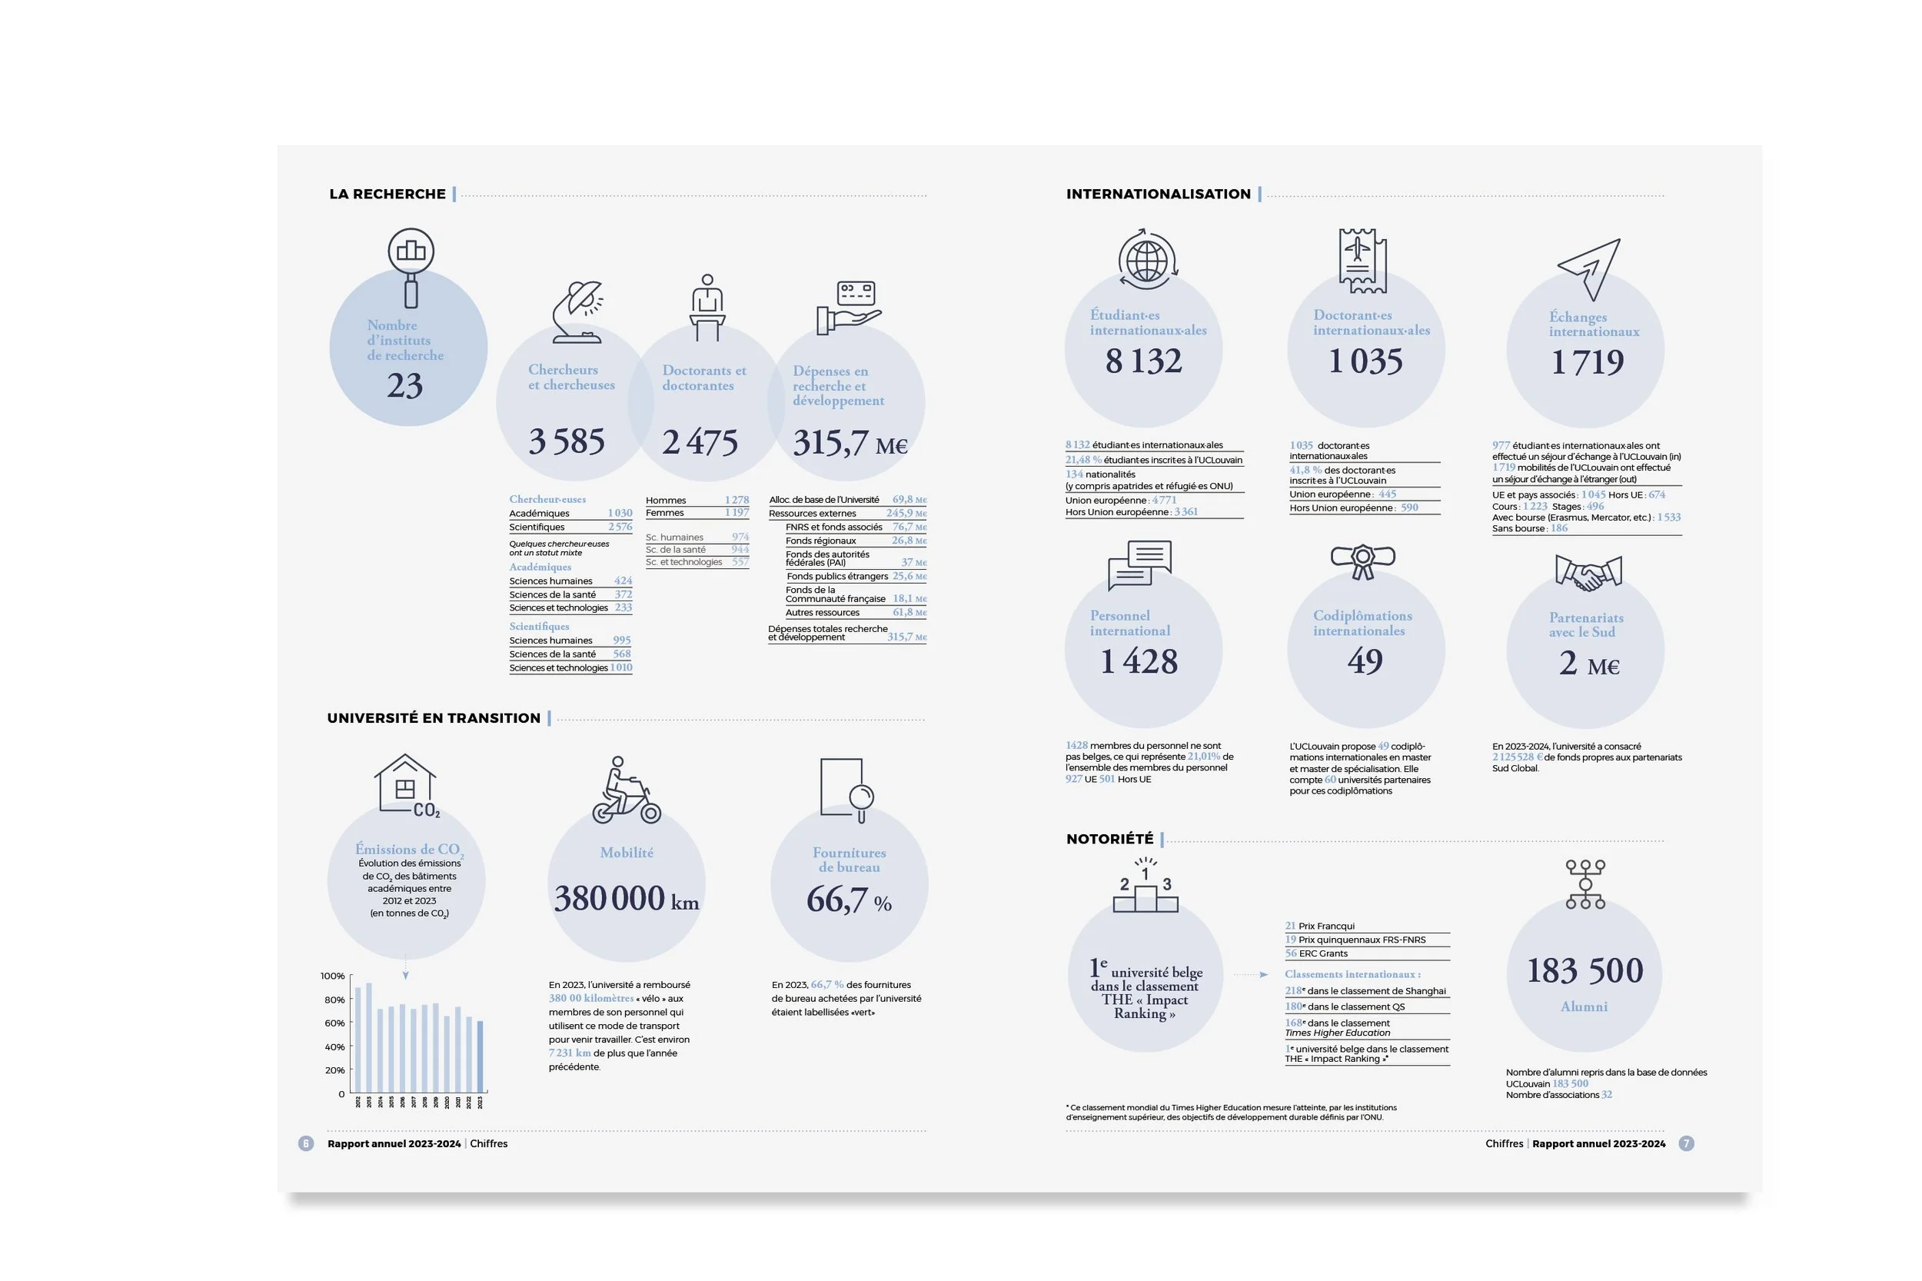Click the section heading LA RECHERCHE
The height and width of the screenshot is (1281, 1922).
[387, 195]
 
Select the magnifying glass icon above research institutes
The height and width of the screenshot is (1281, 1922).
[411, 265]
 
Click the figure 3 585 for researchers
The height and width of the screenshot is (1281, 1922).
[566, 442]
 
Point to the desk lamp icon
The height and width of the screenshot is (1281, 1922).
[578, 311]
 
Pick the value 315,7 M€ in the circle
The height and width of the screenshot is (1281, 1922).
[850, 444]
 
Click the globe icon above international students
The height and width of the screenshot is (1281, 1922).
[1147, 260]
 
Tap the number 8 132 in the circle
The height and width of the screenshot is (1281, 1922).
[1143, 361]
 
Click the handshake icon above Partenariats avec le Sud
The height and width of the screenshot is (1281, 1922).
[1588, 574]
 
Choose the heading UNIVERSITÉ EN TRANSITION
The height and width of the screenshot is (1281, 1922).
[434, 718]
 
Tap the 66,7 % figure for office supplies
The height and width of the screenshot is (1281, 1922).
[849, 900]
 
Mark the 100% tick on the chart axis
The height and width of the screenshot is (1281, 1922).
[332, 977]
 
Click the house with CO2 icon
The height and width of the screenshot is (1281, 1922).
[407, 785]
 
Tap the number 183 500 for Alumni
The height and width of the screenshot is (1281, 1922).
[1584, 970]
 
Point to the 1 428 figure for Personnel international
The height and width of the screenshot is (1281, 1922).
[1139, 662]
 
